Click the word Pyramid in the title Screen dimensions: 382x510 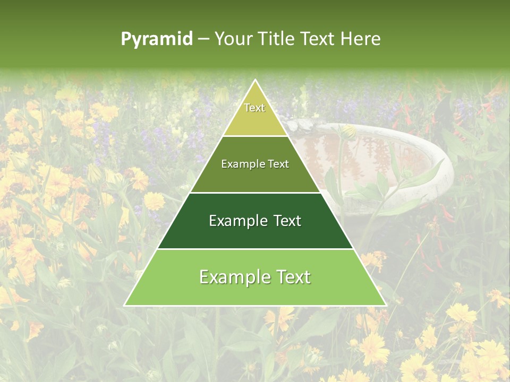click(157, 39)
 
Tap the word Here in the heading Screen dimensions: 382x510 click(360, 39)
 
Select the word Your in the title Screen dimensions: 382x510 click(233, 39)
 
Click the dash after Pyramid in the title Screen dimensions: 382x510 click(203, 39)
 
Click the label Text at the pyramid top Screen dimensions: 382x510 click(254, 108)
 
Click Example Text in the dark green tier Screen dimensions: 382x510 click(255, 221)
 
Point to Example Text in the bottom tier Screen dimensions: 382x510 click(255, 277)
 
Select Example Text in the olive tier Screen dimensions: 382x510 click(255, 164)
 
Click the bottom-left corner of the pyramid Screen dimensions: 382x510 click(125, 305)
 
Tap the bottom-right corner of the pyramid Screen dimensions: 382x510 click(385, 305)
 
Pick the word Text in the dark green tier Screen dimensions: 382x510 click(287, 221)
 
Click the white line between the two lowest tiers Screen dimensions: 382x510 click(255, 249)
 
